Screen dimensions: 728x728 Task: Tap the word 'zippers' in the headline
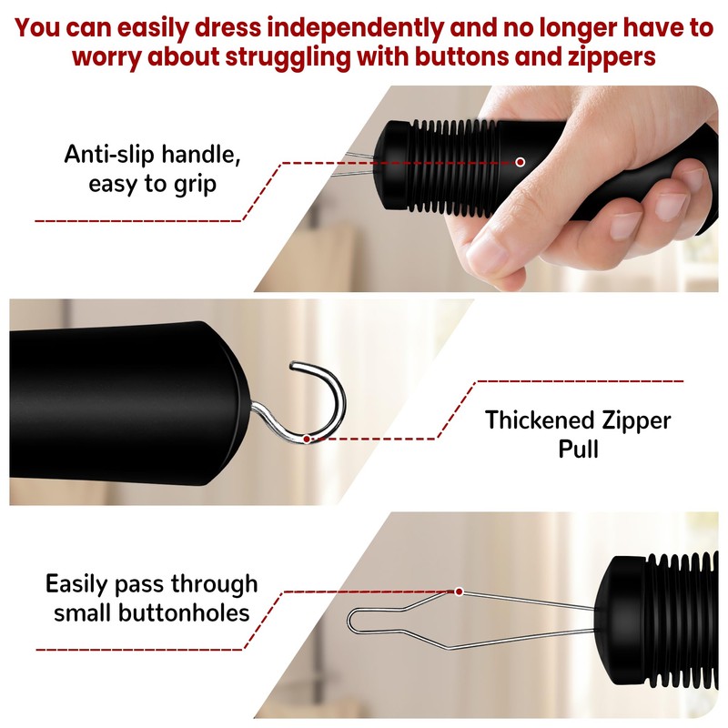[x=603, y=57]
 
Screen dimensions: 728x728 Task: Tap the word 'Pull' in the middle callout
[x=577, y=450]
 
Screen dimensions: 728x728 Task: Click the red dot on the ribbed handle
[x=520, y=162]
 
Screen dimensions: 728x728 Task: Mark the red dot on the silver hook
[x=308, y=438]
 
